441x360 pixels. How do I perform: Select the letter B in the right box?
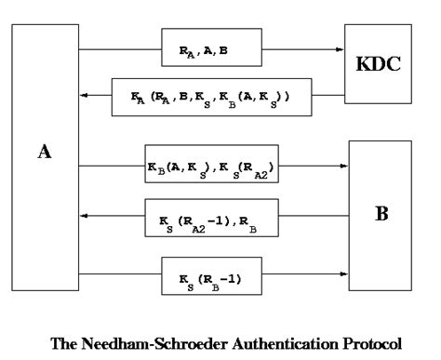(381, 213)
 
